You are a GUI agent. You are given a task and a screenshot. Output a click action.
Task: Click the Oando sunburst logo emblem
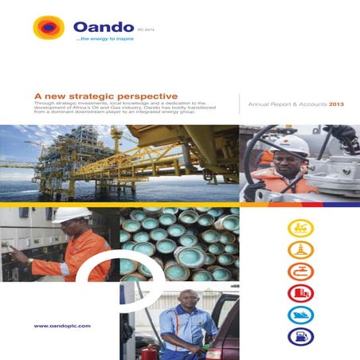(48, 29)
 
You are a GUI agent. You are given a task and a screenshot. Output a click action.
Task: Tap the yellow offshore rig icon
(300, 229)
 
